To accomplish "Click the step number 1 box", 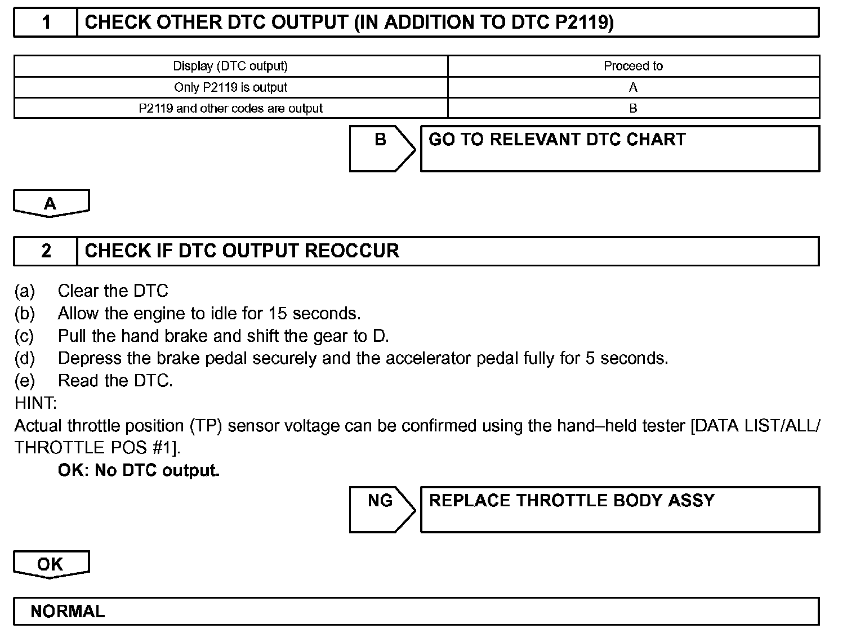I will click(46, 23).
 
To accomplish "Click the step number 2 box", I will click(46, 251).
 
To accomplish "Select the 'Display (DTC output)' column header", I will click(230, 66).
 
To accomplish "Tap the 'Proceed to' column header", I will click(633, 66).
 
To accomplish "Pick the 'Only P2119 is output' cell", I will click(230, 87).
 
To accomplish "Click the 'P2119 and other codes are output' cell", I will click(230, 108).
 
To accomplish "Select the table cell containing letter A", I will click(633, 87).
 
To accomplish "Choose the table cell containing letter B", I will click(633, 108).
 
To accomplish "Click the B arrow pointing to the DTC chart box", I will click(381, 148).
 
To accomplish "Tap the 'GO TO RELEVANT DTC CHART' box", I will click(619, 148).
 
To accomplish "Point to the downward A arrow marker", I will click(51, 203).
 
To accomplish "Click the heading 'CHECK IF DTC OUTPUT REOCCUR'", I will click(242, 251).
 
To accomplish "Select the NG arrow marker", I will click(381, 509).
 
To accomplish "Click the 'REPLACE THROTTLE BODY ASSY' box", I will click(619, 509).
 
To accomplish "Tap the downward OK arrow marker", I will click(51, 564).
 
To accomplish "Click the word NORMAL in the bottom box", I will click(68, 612).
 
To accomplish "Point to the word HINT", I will click(35, 403).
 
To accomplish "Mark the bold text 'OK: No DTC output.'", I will click(139, 470).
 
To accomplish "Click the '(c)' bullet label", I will click(24, 336).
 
